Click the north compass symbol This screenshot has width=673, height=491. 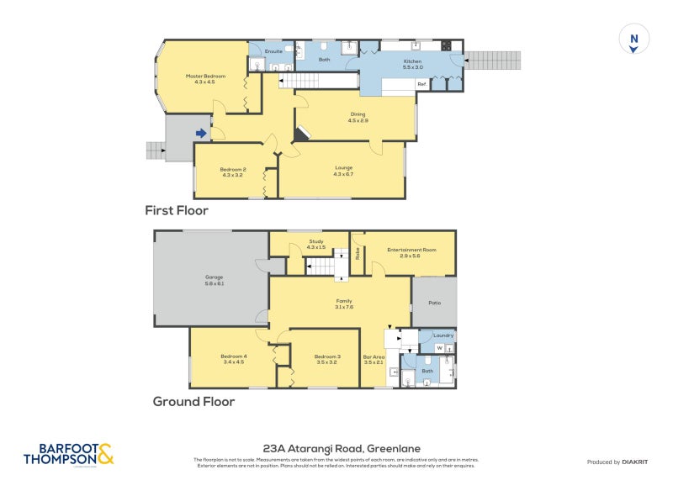click(x=634, y=40)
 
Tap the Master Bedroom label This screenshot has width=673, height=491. click(x=205, y=79)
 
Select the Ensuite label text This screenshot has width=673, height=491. click(x=273, y=52)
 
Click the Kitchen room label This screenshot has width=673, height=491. click(x=412, y=64)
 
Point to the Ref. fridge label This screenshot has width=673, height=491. click(x=421, y=84)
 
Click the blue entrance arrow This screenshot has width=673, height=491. click(x=201, y=133)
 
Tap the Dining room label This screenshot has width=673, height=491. click(x=358, y=118)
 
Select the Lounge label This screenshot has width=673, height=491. click(x=343, y=171)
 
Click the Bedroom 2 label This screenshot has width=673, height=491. click(x=232, y=172)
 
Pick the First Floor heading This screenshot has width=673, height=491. click(x=176, y=210)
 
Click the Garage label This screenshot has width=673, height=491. click(x=214, y=280)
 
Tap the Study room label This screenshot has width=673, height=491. click(x=315, y=244)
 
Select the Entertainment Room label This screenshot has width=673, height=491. click(x=411, y=252)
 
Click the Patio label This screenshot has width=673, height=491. click(x=434, y=303)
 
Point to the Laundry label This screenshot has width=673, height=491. click(x=443, y=335)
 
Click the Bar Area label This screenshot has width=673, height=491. click(x=374, y=360)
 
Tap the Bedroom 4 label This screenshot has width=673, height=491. click(x=233, y=359)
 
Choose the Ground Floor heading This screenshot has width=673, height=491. click(x=193, y=402)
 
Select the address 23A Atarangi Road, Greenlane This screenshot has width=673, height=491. click(x=336, y=449)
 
